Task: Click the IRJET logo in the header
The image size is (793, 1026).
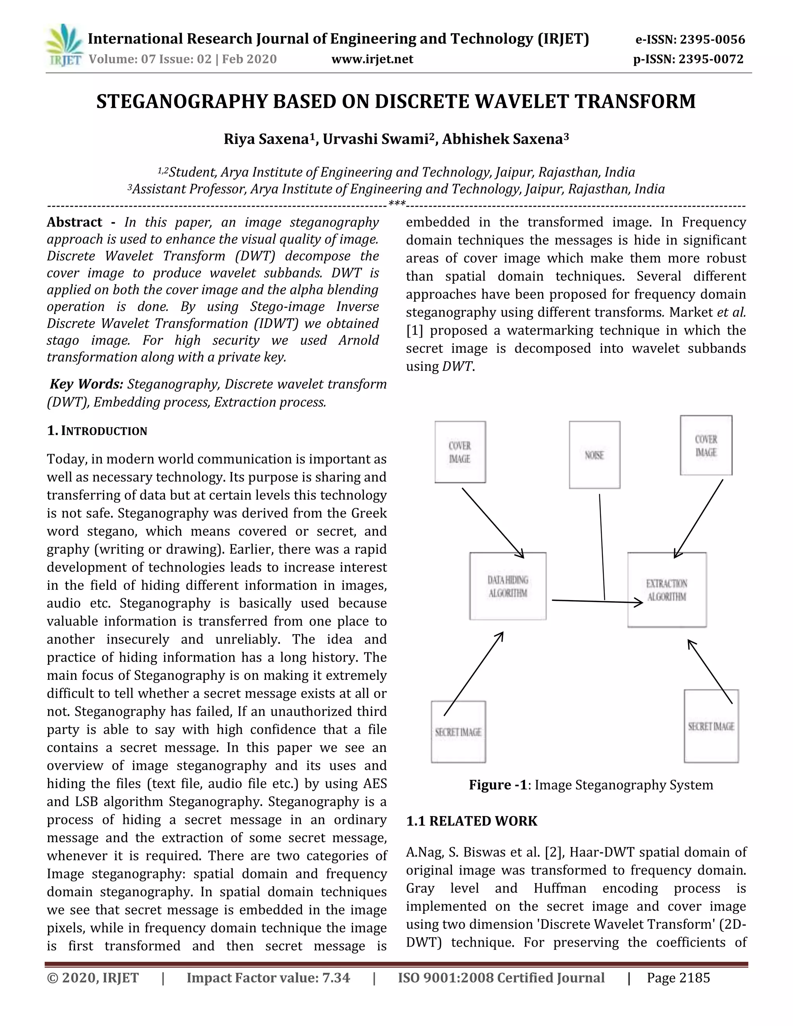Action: tap(64, 46)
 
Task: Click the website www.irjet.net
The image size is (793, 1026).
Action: tap(372, 59)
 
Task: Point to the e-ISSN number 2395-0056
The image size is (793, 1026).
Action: tap(712, 39)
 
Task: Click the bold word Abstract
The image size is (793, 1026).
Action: tap(74, 222)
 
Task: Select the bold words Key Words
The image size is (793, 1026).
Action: tap(86, 384)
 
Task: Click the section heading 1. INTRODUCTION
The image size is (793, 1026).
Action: tap(97, 431)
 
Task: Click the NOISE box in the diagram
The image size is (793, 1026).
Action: tap(594, 455)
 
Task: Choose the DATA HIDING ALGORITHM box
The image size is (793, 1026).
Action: tap(508, 586)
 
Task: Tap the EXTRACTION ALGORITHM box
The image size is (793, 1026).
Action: tap(667, 590)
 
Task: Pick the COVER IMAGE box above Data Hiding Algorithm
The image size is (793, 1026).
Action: tap(460, 452)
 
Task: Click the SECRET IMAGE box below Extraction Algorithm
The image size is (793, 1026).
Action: tap(711, 726)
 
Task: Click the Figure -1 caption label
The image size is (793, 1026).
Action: tap(498, 785)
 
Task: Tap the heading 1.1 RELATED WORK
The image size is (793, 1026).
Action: tap(471, 821)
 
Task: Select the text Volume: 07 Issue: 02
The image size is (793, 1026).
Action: tap(150, 59)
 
